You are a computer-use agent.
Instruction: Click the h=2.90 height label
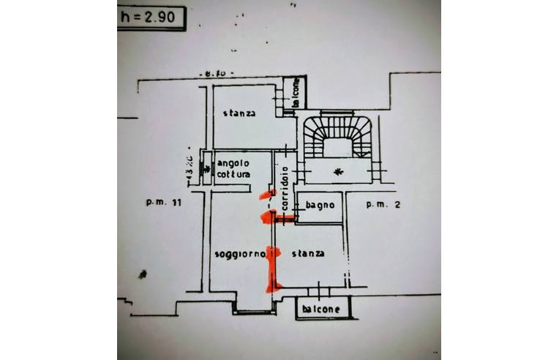tap(151, 18)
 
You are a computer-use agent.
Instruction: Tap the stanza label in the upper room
tap(239, 113)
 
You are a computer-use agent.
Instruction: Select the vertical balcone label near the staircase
tap(296, 94)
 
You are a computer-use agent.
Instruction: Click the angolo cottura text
tap(233, 169)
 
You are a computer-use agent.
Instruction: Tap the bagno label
tap(320, 206)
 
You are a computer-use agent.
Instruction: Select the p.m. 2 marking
tap(383, 206)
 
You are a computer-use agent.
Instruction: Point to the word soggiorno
tap(239, 254)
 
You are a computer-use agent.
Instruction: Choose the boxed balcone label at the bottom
tap(322, 309)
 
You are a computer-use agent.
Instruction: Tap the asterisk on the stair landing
tap(337, 172)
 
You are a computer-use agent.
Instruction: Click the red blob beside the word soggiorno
tap(274, 253)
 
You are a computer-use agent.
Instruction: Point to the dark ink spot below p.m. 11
tap(142, 274)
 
